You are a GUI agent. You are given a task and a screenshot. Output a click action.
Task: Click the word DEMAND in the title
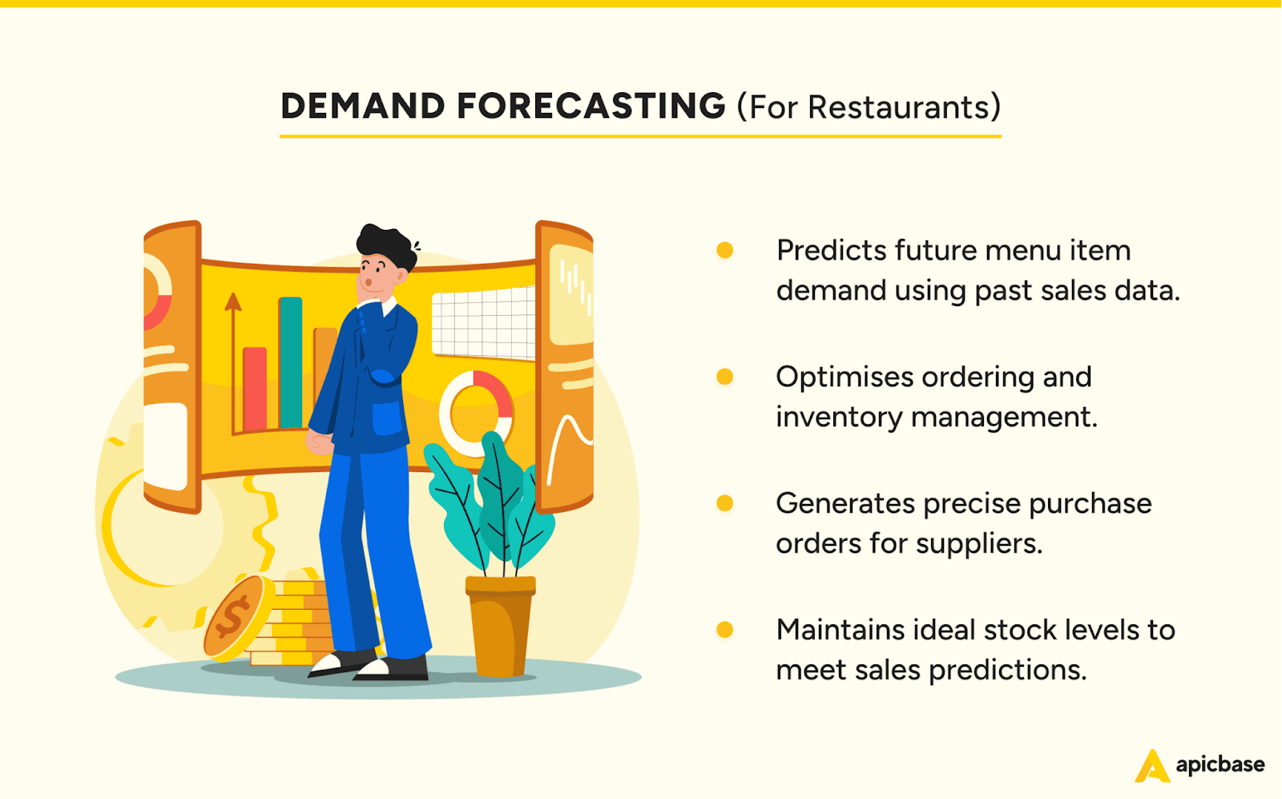click(362, 107)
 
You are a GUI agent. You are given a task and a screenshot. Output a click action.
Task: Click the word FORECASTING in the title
click(591, 107)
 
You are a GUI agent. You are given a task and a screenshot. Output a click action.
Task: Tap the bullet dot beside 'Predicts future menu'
click(724, 250)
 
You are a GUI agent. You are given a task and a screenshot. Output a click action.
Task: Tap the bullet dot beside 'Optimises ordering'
click(724, 377)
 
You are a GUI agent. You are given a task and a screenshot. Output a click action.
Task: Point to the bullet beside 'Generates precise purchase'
click(724, 503)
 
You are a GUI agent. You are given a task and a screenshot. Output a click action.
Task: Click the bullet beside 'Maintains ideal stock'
click(724, 630)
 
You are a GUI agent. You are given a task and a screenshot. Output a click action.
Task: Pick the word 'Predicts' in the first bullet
click(831, 251)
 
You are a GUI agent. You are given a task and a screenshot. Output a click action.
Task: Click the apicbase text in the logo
click(1220, 765)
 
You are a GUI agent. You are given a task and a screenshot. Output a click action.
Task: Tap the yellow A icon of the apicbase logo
click(1151, 767)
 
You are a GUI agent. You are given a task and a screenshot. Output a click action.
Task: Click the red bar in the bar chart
click(255, 389)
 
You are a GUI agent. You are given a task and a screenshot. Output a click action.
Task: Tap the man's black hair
click(386, 243)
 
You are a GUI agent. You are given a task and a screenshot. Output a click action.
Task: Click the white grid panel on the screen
click(483, 323)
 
